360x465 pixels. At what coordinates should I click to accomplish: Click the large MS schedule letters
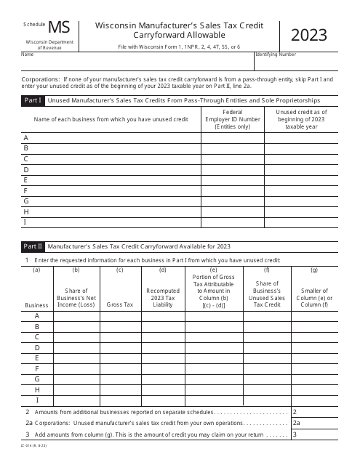pyautogui.click(x=60, y=28)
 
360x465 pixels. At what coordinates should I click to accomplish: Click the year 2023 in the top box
pyautogui.click(x=308, y=35)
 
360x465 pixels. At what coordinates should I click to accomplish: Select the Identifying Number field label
pyautogui.click(x=275, y=54)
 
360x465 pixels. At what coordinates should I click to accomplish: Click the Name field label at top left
pyautogui.click(x=27, y=54)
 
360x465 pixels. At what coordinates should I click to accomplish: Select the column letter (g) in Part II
pyautogui.click(x=313, y=270)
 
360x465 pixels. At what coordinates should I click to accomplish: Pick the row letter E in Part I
pyautogui.click(x=26, y=179)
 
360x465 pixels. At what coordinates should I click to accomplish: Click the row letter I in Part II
pyautogui.click(x=36, y=400)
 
